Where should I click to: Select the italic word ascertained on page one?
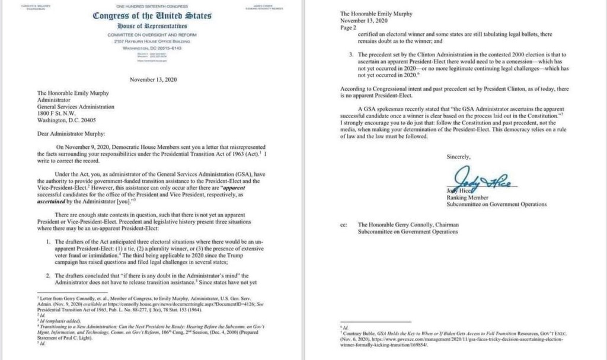click(x=54, y=200)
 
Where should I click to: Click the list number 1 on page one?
click(x=47, y=243)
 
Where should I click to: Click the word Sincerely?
click(x=458, y=157)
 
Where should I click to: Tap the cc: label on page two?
click(x=343, y=225)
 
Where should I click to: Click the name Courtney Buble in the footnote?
click(x=359, y=333)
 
